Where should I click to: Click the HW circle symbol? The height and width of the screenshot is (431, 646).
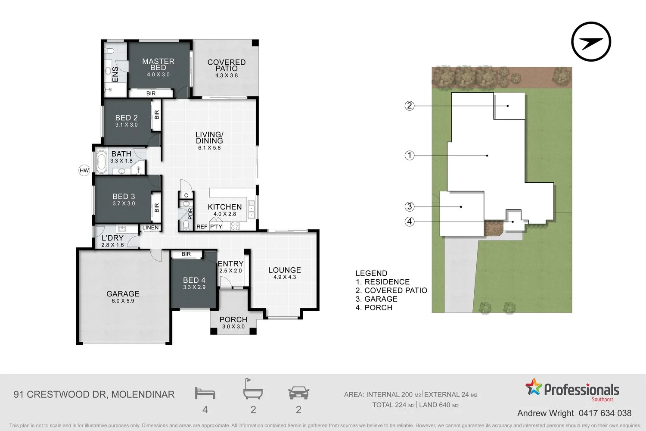[x=84, y=170]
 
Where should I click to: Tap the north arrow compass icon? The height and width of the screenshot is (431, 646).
[x=591, y=41]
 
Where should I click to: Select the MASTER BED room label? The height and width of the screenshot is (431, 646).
[x=158, y=64]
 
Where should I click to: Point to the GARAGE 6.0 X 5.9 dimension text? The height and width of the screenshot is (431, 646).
[x=123, y=301]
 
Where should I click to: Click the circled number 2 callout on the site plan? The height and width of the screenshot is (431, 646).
[x=410, y=106]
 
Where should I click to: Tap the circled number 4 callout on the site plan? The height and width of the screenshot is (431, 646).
[x=410, y=222]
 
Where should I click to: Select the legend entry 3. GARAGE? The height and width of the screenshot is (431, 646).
[x=376, y=299]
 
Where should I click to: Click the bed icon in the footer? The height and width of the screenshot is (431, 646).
[x=205, y=393]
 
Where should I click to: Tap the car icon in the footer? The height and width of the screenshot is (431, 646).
[x=299, y=393]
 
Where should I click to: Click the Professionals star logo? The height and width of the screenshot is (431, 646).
[x=534, y=387]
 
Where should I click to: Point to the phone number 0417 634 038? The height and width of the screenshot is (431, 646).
[x=605, y=413]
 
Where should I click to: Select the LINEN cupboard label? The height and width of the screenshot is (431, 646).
[x=151, y=228]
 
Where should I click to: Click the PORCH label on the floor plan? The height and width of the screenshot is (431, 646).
[x=233, y=319]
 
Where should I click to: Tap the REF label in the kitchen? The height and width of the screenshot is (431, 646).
[x=202, y=227]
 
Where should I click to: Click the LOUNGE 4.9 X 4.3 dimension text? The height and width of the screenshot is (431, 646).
[x=285, y=277]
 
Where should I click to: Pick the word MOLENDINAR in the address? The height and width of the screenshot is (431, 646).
[x=143, y=394]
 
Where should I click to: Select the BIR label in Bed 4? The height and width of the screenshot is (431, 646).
[x=186, y=254]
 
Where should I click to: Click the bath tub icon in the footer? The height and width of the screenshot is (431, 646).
[x=253, y=389]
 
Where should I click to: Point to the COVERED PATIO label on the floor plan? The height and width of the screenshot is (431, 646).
[x=227, y=65]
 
